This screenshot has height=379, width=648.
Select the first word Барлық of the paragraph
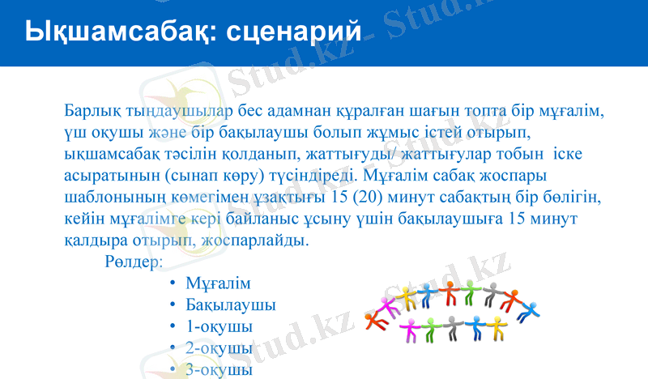tap(90, 110)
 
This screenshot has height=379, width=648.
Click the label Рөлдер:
tap(134, 262)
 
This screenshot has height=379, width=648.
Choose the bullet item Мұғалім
tap(218, 284)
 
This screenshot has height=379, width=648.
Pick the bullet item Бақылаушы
tap(230, 305)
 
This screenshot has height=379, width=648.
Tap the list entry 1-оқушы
tap(219, 326)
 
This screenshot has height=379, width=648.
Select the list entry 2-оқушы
tap(219, 348)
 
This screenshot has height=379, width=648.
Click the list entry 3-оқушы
tap(219, 369)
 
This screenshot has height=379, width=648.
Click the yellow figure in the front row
tap(496, 326)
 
